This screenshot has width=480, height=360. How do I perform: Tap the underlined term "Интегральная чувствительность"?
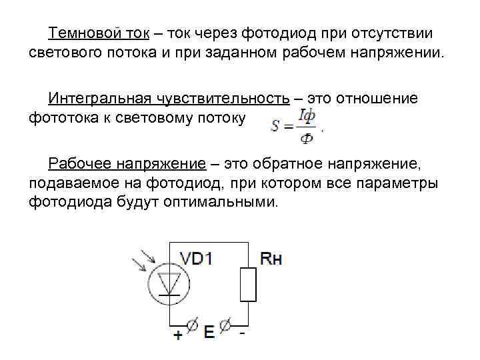169,99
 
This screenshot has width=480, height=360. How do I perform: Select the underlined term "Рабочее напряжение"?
133,164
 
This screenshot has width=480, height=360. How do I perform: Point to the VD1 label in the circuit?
197,258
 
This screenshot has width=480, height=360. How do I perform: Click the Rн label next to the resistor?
271,259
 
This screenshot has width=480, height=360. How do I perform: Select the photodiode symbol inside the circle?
171,283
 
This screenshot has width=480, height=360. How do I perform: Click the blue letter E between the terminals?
209,331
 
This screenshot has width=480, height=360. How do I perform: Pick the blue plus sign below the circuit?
177,335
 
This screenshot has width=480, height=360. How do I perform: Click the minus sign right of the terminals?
243,331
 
